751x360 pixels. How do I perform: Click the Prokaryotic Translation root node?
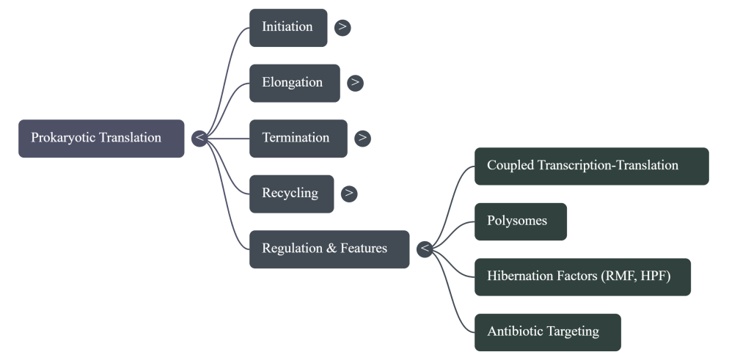tap(101, 138)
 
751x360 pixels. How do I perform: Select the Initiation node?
tap(288, 27)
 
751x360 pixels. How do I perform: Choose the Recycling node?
tap(291, 194)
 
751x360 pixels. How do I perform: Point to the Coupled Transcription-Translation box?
tap(591, 166)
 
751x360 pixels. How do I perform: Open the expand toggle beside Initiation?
tap(342, 27)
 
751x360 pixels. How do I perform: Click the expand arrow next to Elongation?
tap(355, 82)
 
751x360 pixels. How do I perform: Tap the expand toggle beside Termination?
tap(362, 138)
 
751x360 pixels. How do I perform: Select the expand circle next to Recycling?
tap(349, 194)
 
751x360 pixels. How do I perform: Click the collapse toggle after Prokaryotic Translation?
tap(199, 138)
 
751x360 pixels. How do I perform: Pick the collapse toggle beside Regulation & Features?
tap(424, 249)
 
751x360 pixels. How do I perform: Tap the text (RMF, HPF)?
tap(636, 276)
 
